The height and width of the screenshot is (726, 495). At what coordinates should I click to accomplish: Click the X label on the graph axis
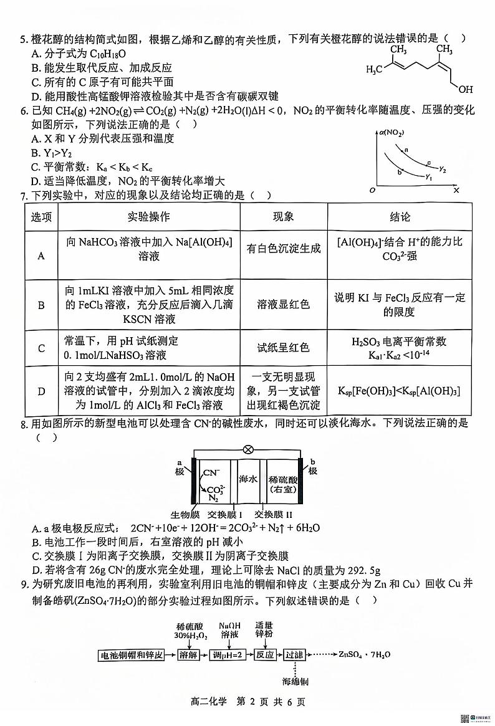click(456, 189)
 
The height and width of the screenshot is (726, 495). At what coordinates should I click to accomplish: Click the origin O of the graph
click(372, 189)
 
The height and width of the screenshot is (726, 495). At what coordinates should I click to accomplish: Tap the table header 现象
click(284, 217)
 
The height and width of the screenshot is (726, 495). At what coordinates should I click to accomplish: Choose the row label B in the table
click(42, 305)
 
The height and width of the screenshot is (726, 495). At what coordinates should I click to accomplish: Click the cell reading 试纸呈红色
click(284, 348)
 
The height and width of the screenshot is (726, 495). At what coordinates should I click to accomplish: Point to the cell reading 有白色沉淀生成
click(284, 249)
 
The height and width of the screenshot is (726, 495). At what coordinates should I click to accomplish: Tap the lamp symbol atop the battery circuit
click(247, 449)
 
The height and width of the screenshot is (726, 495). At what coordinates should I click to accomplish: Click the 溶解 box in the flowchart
click(191, 655)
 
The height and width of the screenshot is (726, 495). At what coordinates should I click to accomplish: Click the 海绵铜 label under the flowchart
click(296, 681)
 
